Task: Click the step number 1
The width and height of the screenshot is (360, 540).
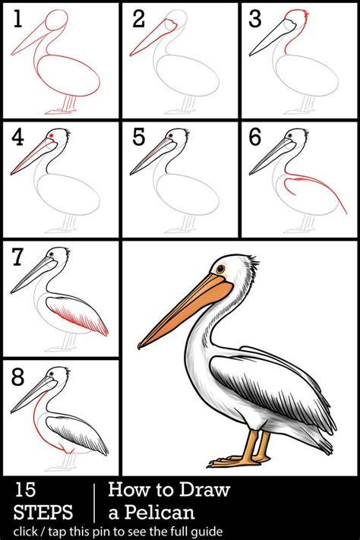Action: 17,18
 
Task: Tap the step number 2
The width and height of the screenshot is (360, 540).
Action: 138,18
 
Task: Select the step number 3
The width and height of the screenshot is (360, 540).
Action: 254,18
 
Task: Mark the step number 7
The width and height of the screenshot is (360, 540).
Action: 17,257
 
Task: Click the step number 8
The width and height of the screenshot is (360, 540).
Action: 17,377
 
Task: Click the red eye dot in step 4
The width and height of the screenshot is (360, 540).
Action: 52,136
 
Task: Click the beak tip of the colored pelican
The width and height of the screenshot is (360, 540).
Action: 140,346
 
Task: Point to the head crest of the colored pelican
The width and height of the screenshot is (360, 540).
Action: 252,264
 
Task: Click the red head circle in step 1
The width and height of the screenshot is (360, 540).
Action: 57,20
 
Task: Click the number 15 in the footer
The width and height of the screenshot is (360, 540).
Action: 25,490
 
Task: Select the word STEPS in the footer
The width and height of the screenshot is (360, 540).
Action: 43,512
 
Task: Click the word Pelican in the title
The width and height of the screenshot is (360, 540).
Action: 159,512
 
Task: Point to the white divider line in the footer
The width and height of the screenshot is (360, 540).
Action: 94,503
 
